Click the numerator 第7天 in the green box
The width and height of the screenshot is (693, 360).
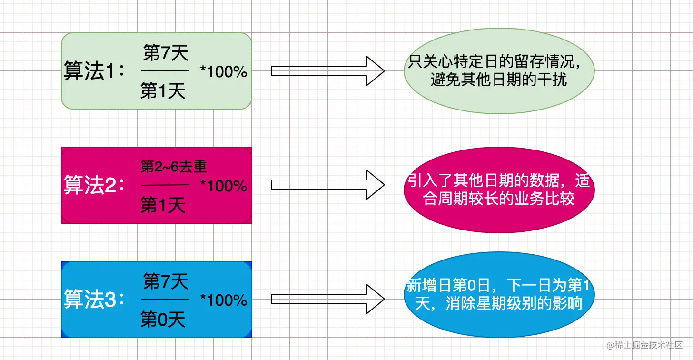point(166,54)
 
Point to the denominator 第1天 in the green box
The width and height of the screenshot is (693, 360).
point(163,91)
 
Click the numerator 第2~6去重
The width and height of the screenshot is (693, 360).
point(174,167)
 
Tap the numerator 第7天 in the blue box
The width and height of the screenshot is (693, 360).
point(166,281)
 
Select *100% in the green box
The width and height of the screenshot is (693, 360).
point(224,72)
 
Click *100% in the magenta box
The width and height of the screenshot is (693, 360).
point(224,186)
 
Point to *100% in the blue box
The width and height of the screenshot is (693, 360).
point(224,300)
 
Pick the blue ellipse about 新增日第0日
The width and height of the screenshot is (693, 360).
point(499,295)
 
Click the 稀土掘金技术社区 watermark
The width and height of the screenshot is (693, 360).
point(645,344)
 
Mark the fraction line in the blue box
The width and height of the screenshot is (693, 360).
point(165,300)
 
